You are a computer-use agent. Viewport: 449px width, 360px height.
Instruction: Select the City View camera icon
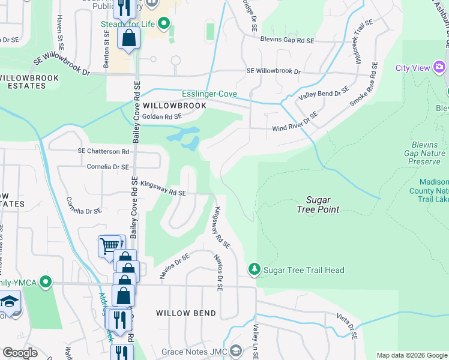(440, 67)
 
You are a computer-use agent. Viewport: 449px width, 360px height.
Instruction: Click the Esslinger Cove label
(209, 94)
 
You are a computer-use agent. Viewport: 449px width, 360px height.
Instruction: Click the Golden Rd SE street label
(160, 117)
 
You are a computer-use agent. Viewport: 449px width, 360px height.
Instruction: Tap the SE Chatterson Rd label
(103, 152)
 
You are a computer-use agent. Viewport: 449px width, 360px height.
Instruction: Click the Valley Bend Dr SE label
(324, 94)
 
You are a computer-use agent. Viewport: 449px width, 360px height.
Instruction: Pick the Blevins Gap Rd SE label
(288, 40)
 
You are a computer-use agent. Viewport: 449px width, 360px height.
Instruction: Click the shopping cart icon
(109, 245)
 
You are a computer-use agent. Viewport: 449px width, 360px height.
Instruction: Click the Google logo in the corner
(20, 353)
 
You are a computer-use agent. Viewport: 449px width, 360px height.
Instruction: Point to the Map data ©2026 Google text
(412, 355)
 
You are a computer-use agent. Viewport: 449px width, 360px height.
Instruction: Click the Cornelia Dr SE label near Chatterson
(108, 167)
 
